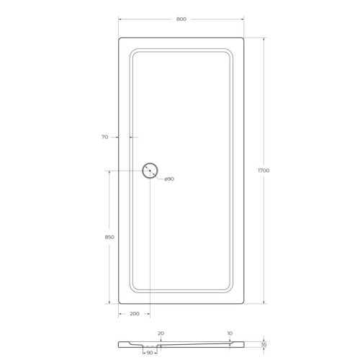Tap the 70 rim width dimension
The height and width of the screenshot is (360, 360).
104,136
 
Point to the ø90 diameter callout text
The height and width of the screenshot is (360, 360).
169,179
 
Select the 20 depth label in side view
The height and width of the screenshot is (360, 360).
161,333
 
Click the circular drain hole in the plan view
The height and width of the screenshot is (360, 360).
150,171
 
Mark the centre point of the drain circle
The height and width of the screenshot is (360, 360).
150,171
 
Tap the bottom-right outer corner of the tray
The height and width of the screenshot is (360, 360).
243,303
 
